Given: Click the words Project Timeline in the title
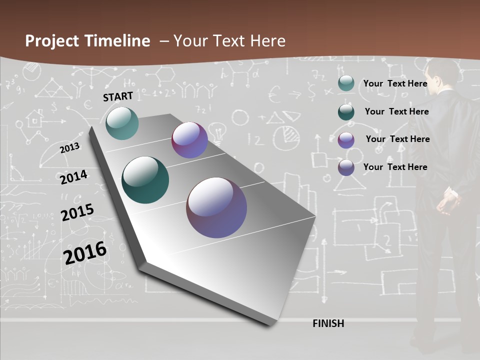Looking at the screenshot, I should coord(87,41).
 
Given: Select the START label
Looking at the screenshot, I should coord(118,96).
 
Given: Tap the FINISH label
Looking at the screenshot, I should coord(328,323).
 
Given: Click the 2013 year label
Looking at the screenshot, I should coord(69,148).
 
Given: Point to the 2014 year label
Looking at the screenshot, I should coord(73,177).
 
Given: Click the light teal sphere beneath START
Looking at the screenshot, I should coord(122,123).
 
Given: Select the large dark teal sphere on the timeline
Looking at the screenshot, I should coord(145,180).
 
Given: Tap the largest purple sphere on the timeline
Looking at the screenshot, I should coord(216,207).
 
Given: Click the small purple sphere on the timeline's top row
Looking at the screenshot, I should coord(189,140).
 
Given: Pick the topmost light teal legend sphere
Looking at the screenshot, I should coord(346,83).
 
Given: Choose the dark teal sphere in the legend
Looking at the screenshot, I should coord(346,112).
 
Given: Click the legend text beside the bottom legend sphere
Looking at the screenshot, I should coord(395,167).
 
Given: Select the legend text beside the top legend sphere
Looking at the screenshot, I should coord(395,83).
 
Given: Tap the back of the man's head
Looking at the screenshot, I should coord(445,72).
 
